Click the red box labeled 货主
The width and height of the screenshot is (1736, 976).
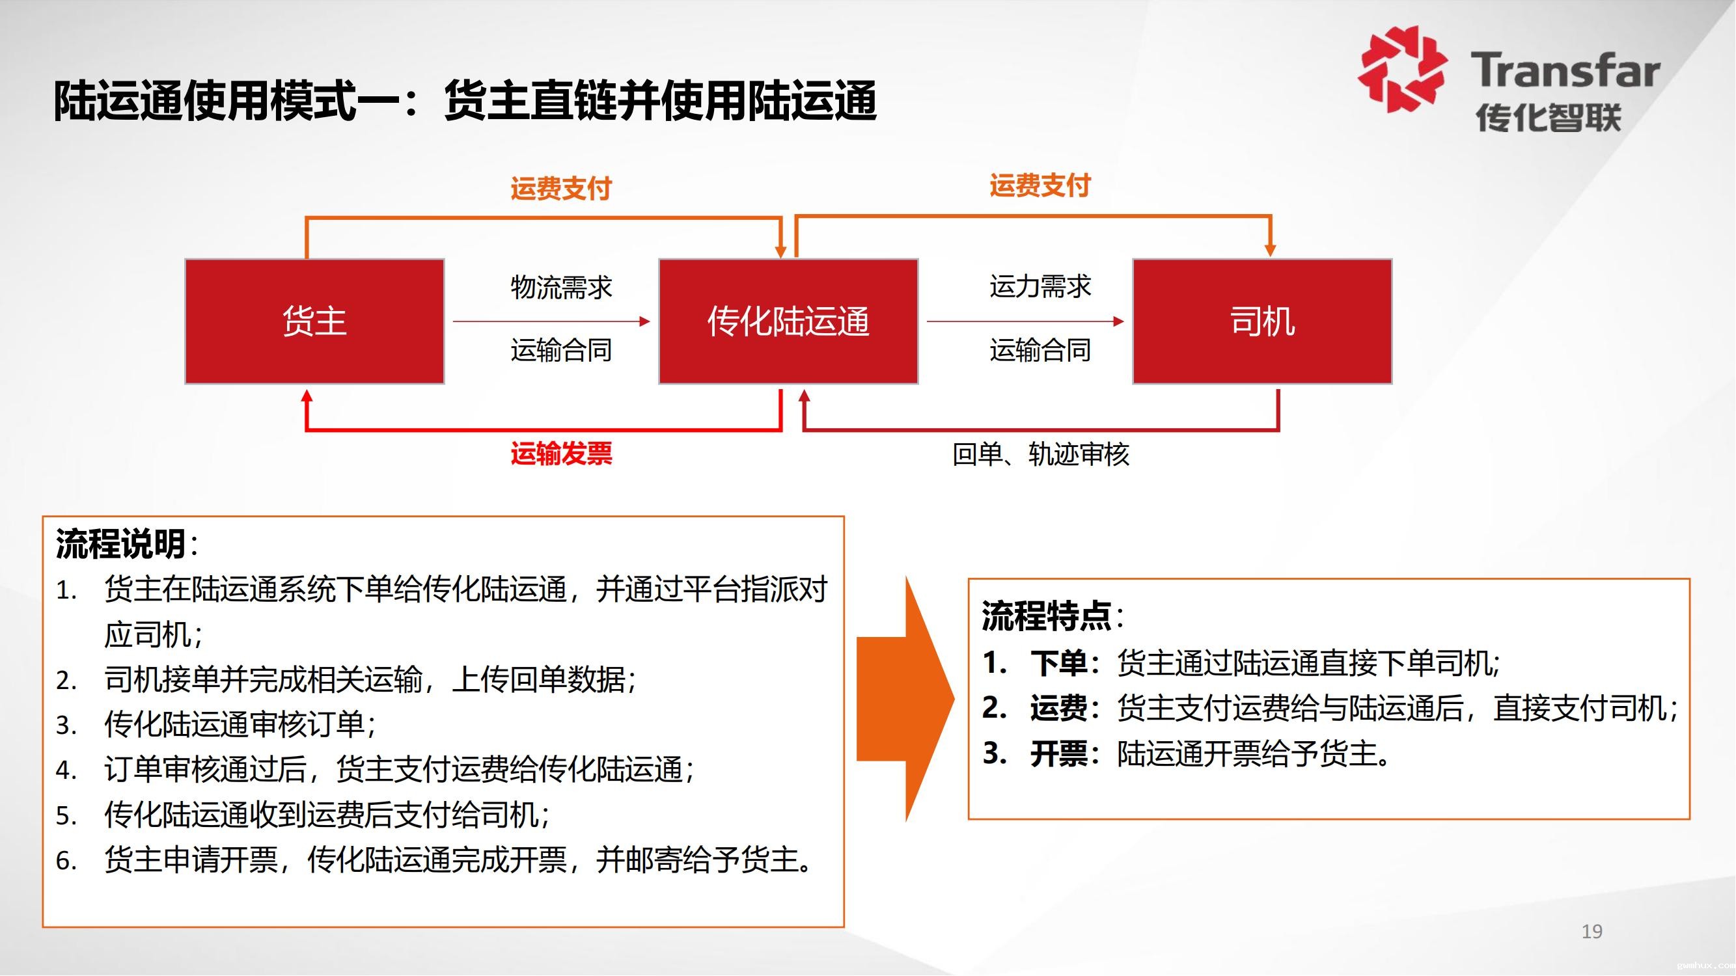click(x=314, y=321)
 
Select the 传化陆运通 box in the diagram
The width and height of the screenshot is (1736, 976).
click(x=788, y=321)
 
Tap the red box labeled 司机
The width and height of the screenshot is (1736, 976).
click(x=1261, y=321)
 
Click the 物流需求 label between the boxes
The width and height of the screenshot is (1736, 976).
click(x=560, y=288)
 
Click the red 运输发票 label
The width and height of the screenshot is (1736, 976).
click(x=560, y=454)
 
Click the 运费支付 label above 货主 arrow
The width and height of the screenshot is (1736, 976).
click(x=560, y=188)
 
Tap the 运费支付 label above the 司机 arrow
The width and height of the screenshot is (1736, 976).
click(x=1040, y=185)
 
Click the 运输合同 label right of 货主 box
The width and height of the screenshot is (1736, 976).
click(x=560, y=350)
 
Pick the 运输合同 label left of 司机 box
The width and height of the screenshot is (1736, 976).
click(x=1040, y=350)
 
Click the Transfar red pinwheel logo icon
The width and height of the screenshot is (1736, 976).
click(x=1401, y=69)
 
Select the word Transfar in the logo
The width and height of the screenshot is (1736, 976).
click(x=1565, y=71)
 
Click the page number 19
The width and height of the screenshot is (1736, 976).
click(x=1591, y=932)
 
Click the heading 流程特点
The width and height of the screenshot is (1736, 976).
click(x=1046, y=616)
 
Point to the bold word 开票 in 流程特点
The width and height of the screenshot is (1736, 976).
click(x=1058, y=753)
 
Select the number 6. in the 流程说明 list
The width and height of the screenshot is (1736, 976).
click(x=66, y=861)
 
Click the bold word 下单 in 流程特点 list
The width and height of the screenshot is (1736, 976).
click(x=1058, y=664)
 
